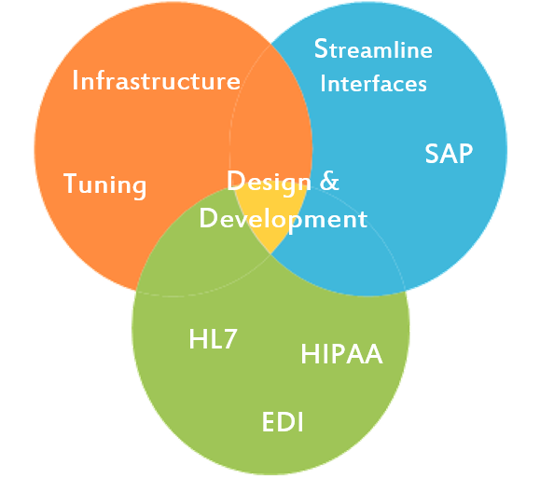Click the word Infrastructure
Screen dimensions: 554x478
156,81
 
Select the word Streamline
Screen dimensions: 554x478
373,48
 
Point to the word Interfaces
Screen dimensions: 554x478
373,83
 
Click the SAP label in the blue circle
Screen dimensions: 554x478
449,154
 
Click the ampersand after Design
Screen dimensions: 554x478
329,181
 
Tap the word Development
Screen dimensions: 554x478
284,220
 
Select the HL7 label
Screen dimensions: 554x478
213,339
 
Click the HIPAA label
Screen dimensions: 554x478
341,354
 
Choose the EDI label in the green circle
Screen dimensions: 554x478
283,422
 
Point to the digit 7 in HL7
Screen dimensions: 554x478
229,339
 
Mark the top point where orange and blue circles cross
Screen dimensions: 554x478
271,44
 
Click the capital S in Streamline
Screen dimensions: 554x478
321,48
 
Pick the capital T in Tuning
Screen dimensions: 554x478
70,184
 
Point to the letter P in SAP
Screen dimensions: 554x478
465,154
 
